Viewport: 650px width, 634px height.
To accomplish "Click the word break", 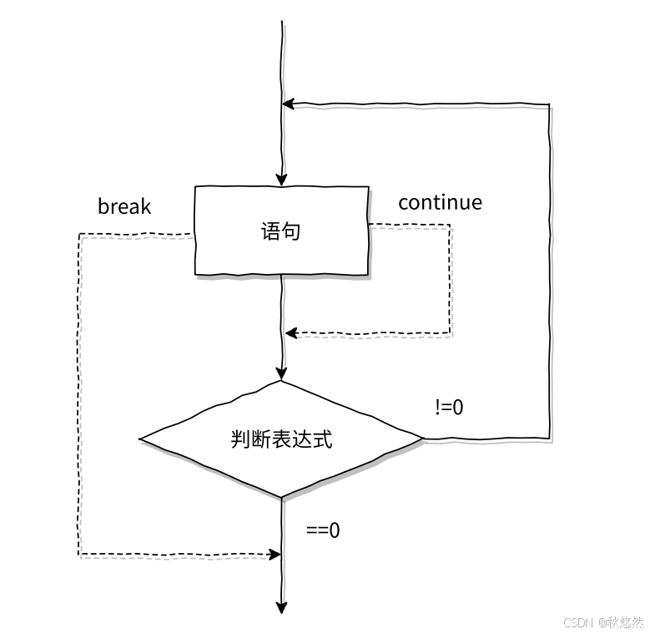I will pos(124,205).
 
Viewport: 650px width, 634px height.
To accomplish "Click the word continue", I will pos(440,202).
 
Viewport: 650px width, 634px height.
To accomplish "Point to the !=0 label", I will pos(449,408).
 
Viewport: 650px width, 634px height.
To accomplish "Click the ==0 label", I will pos(323,530).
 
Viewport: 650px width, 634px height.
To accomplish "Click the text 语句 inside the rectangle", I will pos(281,231).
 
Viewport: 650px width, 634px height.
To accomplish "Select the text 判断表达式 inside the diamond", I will pos(281,439).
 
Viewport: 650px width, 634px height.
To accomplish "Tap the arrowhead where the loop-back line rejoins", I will pos(288,104).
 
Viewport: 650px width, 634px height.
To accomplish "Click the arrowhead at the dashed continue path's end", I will pos(290,333).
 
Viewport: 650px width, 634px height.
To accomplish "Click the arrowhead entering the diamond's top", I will pos(281,375).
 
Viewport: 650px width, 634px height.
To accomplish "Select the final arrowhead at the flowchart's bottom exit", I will pos(281,607).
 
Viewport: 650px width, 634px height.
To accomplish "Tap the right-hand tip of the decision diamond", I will pos(423,438).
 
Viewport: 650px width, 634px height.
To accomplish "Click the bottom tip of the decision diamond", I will pos(281,497).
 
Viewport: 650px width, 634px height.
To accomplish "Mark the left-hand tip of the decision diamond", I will pos(140,439).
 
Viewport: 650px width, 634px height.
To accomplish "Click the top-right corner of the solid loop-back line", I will pos(549,104).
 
